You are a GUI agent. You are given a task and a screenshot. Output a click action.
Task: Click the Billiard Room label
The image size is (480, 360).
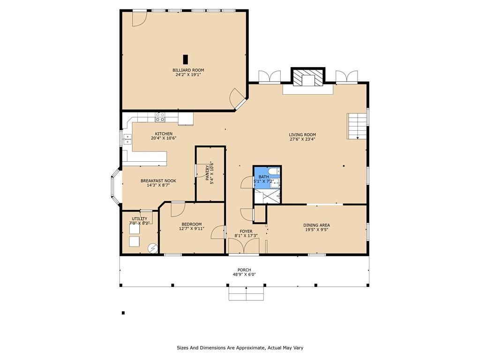point(188,70)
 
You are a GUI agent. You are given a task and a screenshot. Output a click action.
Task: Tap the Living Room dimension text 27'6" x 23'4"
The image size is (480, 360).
point(302,139)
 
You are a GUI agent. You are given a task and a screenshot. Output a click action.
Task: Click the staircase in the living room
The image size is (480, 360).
point(357,126)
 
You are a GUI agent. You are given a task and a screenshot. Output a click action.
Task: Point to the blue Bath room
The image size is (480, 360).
point(267,178)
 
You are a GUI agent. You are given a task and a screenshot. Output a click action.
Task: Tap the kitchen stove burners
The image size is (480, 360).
point(160,117)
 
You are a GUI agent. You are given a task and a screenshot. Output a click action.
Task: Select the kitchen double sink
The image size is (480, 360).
point(127,139)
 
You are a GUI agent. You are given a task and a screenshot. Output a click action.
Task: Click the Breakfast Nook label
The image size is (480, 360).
point(158,181)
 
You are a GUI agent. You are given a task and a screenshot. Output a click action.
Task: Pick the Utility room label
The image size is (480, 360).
point(139,218)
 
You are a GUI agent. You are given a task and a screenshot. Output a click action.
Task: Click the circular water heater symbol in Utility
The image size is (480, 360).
point(152,248)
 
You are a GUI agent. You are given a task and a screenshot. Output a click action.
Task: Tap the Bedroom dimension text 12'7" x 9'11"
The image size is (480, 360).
point(192,228)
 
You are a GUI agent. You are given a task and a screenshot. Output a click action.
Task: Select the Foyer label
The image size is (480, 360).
point(246,232)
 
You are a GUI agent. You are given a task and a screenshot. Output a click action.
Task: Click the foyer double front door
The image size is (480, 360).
point(244,246)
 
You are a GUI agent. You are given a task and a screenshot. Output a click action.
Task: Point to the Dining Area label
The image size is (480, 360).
point(316,225)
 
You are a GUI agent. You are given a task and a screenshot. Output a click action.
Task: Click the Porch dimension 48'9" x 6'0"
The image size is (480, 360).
point(244,274)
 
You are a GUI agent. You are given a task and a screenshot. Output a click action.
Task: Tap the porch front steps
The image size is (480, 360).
point(246,293)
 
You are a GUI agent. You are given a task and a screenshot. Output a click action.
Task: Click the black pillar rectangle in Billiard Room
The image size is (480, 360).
point(185,60)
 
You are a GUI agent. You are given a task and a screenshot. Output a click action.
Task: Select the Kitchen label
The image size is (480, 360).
point(164,134)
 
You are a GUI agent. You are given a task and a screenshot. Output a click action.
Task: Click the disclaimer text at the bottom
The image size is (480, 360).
point(240,348)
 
